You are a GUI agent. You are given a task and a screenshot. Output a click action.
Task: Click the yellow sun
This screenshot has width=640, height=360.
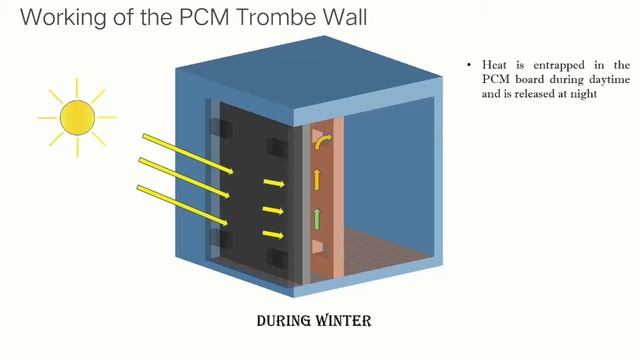(x=76, y=117)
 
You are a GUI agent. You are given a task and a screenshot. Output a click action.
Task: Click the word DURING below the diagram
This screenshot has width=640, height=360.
(x=276, y=322)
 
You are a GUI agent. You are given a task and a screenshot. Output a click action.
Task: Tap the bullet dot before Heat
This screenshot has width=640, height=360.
(x=469, y=65)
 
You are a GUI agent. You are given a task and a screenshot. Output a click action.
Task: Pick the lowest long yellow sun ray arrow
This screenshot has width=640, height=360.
(x=186, y=211)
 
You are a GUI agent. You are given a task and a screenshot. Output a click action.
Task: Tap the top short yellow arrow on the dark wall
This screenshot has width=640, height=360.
(x=273, y=184)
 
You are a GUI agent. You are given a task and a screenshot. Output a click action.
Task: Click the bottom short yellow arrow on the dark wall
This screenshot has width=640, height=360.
(x=273, y=234)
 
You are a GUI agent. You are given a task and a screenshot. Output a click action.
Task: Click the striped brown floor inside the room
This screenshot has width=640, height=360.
(x=380, y=254)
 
